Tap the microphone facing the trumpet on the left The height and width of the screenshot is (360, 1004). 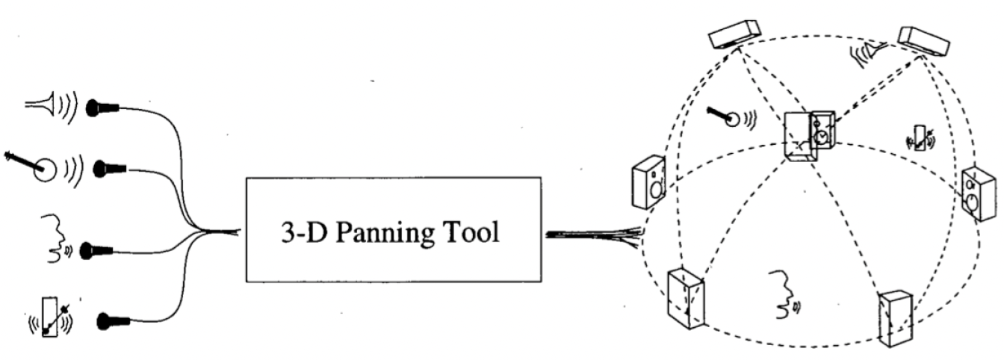click(x=102, y=108)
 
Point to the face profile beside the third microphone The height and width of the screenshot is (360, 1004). click(x=53, y=239)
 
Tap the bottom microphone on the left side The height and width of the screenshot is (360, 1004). click(x=113, y=323)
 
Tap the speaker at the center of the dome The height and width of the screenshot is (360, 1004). click(x=809, y=135)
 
